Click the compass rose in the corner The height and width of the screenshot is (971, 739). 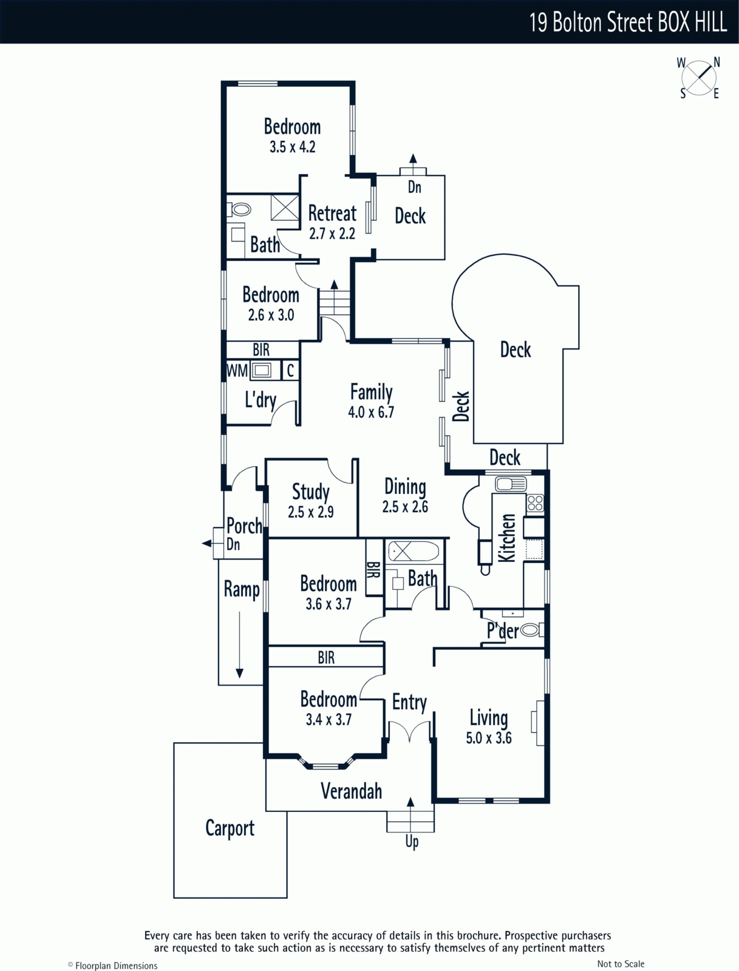coord(699,78)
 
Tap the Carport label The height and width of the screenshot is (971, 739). coord(230,828)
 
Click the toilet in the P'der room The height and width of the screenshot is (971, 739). coord(530,630)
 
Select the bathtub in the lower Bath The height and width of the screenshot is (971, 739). coord(413,552)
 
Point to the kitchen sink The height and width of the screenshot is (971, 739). coord(511,484)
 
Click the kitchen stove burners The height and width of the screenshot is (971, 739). coord(535,503)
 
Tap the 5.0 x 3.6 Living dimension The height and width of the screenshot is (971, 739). coord(489,739)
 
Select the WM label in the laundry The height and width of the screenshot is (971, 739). coord(237,370)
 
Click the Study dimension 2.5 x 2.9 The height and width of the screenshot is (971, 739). coord(311,512)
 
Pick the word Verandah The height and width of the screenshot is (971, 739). coord(351,791)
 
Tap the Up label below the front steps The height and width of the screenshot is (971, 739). coord(412,842)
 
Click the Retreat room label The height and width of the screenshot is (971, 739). coord(332,214)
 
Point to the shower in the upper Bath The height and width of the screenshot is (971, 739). coord(285,208)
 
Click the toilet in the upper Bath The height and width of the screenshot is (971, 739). coord(240,210)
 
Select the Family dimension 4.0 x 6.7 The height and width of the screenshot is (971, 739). coord(371,413)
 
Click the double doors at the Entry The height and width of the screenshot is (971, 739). coord(410,731)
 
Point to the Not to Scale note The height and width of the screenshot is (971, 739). coord(621,964)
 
